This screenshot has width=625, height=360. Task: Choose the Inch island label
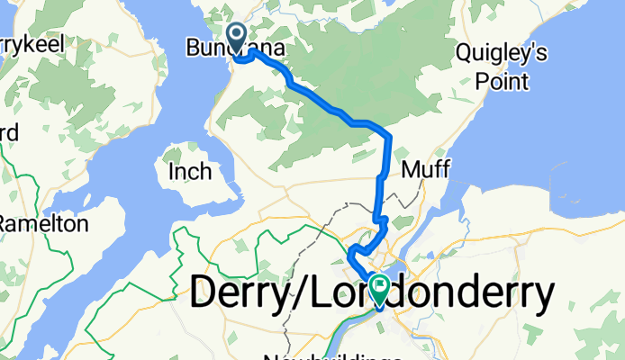[189, 171]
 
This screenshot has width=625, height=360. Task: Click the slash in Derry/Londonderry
[306, 293]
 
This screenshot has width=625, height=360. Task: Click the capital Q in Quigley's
[465, 53]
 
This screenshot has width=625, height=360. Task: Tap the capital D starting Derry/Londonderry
[205, 293]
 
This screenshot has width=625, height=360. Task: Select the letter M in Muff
[410, 168]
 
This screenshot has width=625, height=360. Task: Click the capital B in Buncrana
[192, 47]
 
